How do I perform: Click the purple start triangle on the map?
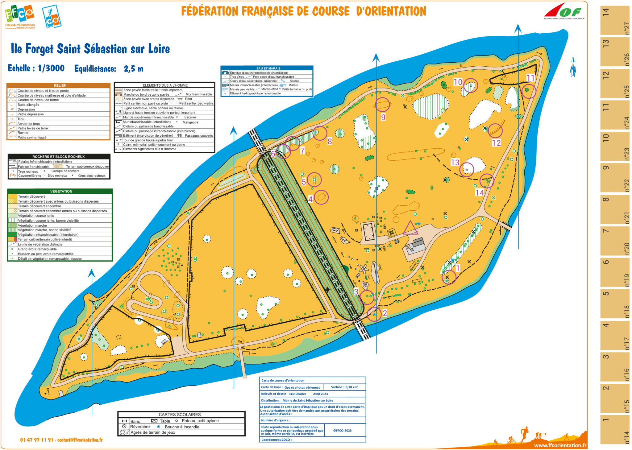click(410, 228)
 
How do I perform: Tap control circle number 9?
click(382, 105)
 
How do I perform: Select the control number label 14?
click(479, 193)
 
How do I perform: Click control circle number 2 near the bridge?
click(374, 314)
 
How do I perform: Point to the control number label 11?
click(530, 78)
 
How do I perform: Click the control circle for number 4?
click(321, 197)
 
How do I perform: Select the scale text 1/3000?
click(51, 68)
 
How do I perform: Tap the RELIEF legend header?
click(59, 85)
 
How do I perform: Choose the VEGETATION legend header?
click(61, 191)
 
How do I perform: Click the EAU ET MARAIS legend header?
click(268, 68)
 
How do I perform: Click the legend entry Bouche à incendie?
click(182, 427)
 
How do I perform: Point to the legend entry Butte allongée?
click(28, 105)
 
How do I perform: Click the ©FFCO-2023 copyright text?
click(342, 431)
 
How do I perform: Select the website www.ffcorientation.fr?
click(560, 445)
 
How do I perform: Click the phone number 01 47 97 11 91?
click(36, 440)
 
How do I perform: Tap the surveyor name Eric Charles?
click(297, 394)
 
